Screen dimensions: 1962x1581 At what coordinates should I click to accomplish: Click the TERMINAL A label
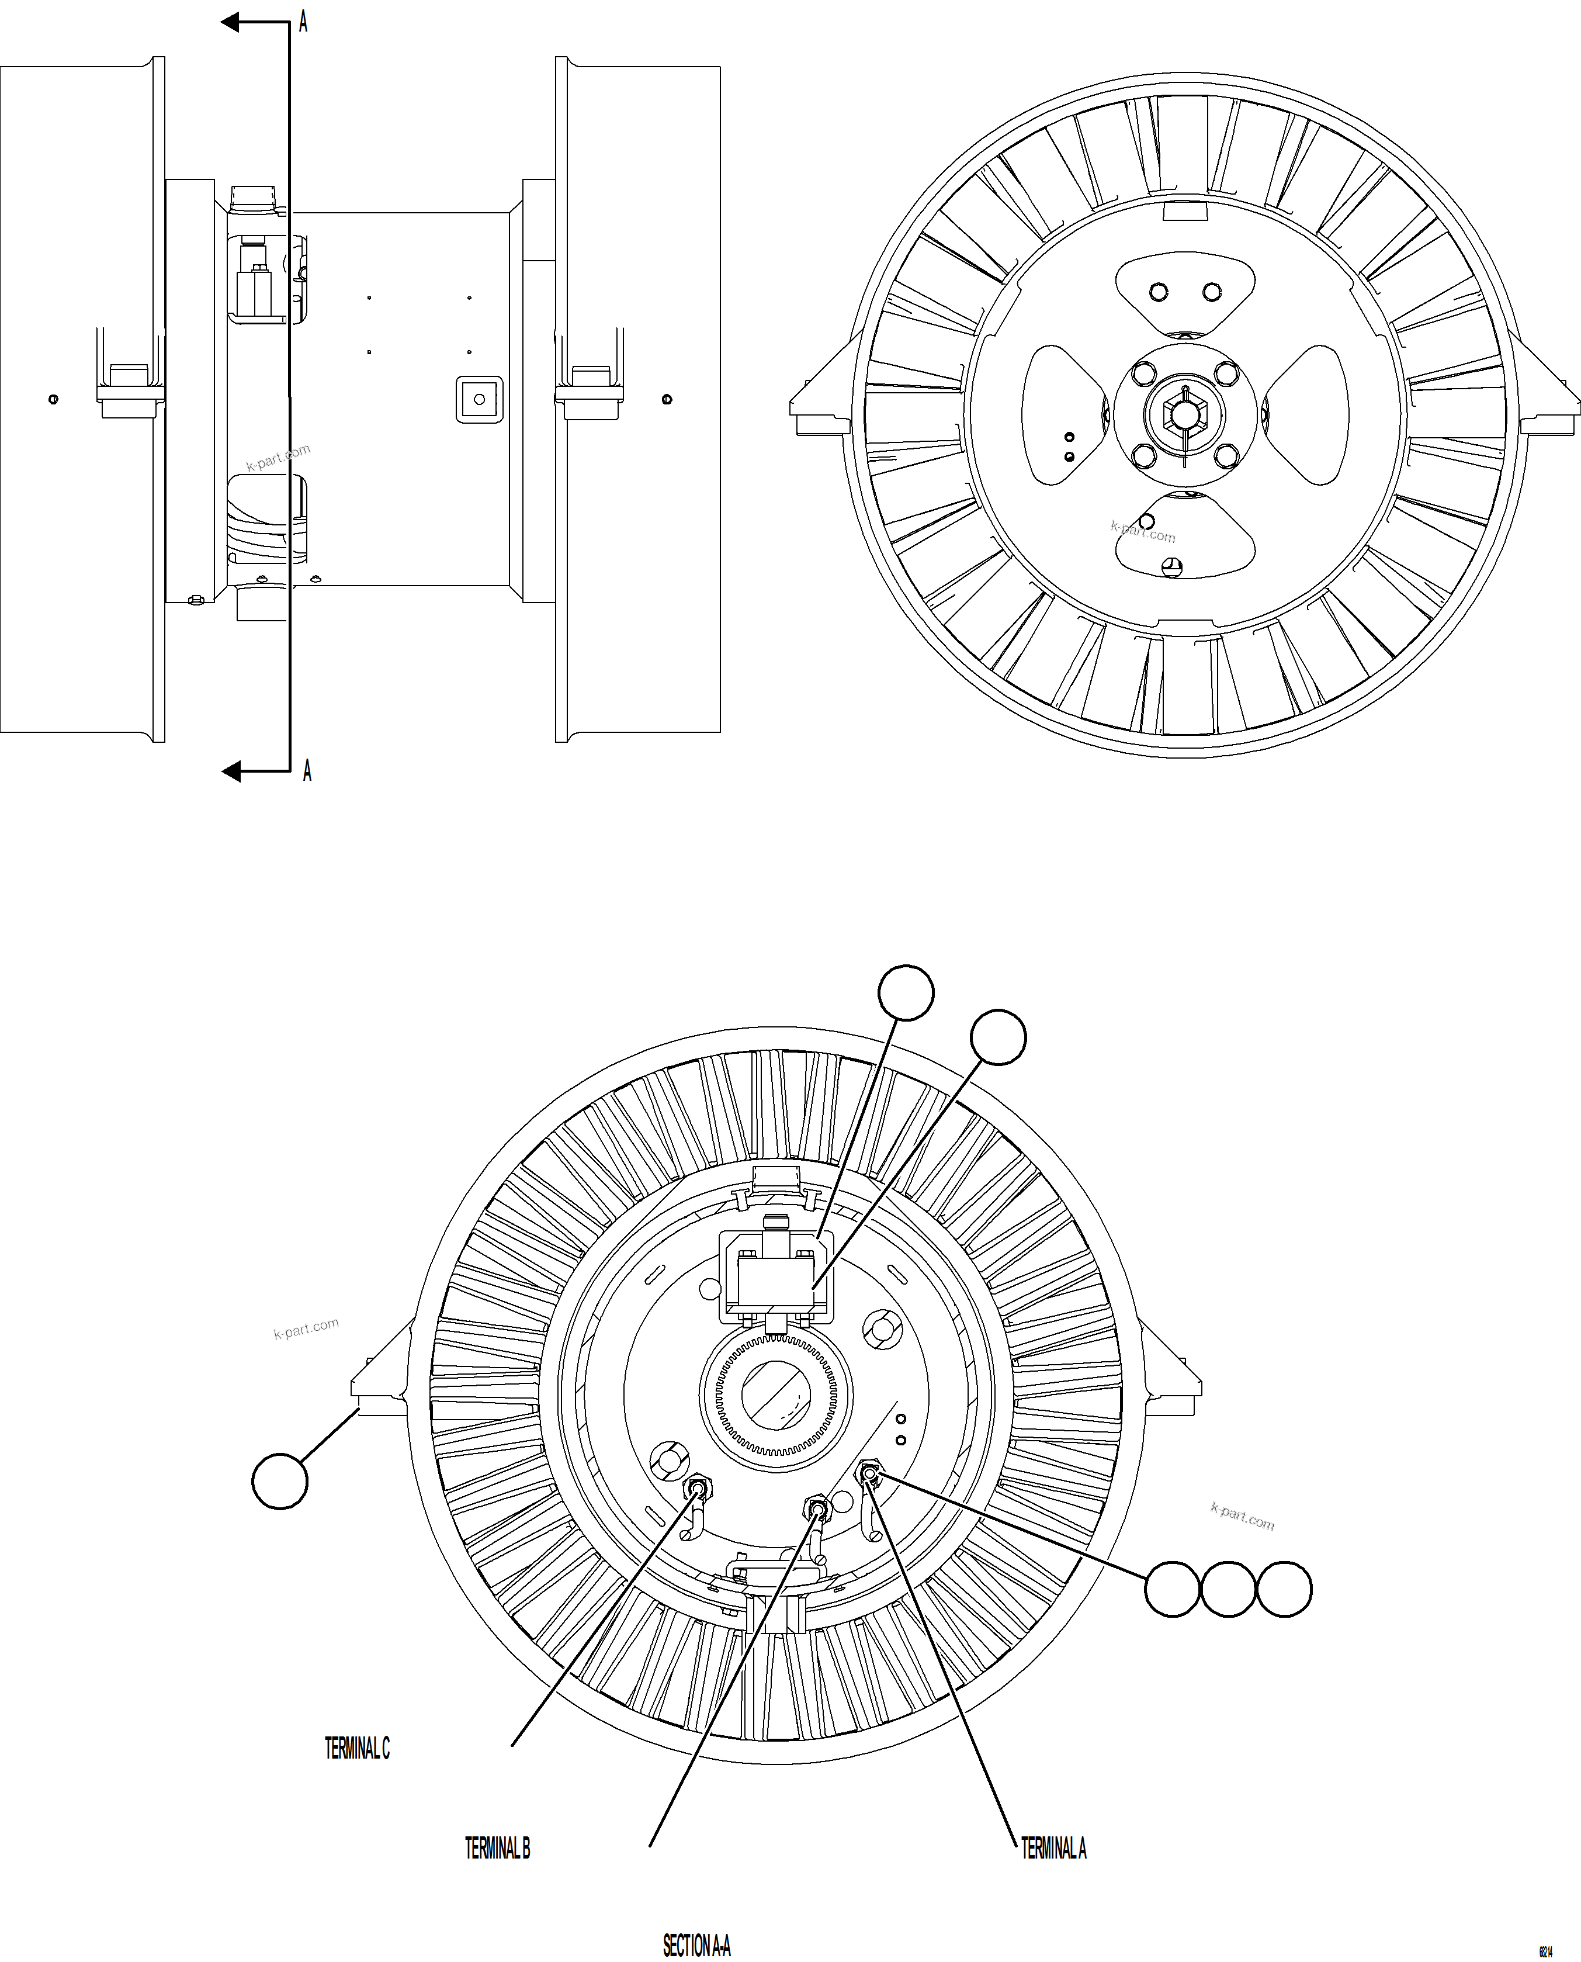click(1053, 1848)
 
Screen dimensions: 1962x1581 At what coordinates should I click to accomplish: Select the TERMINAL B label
click(497, 1848)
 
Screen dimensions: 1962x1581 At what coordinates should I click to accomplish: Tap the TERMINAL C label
click(357, 1748)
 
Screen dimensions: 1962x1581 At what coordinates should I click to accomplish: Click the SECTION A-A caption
click(696, 1946)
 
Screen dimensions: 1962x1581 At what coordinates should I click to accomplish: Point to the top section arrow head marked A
click(231, 22)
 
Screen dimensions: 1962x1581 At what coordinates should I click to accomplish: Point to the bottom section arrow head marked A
click(232, 771)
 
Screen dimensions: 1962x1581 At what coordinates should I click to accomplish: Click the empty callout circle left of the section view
click(280, 1482)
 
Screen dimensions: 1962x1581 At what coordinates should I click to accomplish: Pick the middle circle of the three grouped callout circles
click(1229, 1590)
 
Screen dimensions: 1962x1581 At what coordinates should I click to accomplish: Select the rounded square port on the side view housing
click(479, 399)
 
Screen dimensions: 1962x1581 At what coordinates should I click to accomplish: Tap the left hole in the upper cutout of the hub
click(1159, 292)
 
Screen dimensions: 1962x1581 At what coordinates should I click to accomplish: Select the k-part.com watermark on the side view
click(278, 457)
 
